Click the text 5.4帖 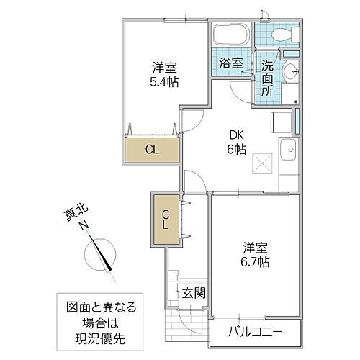point(165,82)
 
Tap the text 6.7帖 point(255,263)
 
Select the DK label point(237,133)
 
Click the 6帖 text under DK point(237,149)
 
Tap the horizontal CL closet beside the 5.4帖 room point(152,150)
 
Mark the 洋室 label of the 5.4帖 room point(165,67)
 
